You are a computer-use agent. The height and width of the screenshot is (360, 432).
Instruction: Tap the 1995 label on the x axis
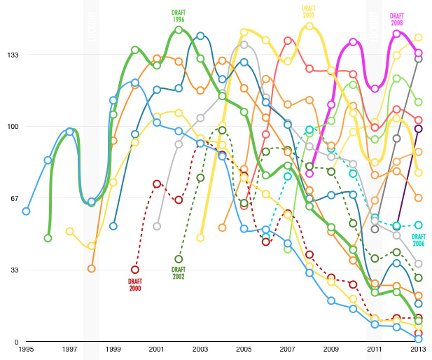[x=26, y=349]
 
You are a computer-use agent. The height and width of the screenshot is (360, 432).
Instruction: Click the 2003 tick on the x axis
[x=200, y=349]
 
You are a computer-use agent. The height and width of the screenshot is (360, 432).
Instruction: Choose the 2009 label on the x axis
[x=330, y=349]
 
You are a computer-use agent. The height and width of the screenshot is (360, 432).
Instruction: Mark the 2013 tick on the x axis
[x=418, y=349]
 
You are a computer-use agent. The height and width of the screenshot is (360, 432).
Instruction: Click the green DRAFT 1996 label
[x=179, y=16]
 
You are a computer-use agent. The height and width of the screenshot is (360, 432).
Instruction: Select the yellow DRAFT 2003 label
[x=309, y=12]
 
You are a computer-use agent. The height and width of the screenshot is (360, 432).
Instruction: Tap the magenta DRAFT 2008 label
[x=397, y=19]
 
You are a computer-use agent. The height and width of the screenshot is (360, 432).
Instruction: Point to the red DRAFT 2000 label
[x=135, y=284]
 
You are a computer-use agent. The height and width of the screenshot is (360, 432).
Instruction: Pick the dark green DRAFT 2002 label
[x=179, y=273]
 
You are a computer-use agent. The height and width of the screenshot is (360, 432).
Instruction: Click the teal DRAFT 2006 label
[x=418, y=240]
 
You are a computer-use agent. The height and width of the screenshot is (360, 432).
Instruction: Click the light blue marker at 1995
[x=26, y=211]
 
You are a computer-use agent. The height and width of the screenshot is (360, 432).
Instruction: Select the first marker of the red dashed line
[x=135, y=270]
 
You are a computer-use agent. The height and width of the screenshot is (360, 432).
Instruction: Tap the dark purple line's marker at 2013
[x=418, y=128]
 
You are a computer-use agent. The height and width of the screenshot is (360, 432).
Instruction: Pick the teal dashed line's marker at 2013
[x=418, y=225]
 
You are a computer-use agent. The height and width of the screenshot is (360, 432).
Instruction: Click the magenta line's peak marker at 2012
[x=397, y=33]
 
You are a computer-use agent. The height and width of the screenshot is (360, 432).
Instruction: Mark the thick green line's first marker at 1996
[x=48, y=238]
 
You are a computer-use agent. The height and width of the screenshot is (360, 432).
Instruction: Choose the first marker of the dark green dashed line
[x=179, y=259]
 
